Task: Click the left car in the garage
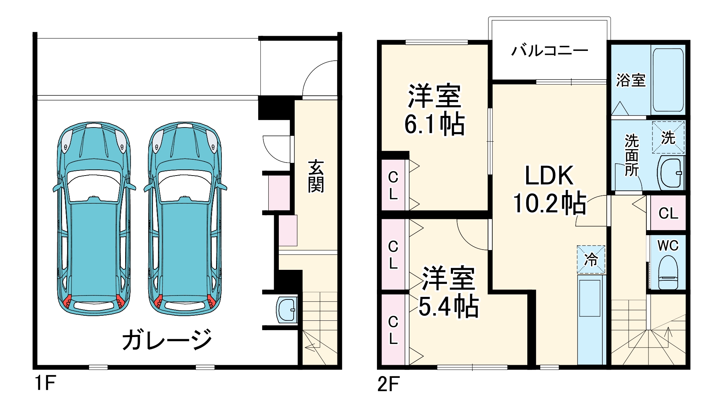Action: pyautogui.click(x=94, y=219)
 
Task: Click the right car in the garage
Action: pyautogui.click(x=185, y=219)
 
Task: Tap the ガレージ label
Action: pyautogui.click(x=167, y=340)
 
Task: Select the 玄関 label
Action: pyautogui.click(x=316, y=176)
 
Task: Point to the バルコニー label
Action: pyautogui.click(x=549, y=51)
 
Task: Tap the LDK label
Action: pyautogui.click(x=549, y=176)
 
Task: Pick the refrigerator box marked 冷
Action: pyautogui.click(x=591, y=259)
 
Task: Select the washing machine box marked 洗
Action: pyautogui.click(x=668, y=138)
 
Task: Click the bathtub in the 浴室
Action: pyautogui.click(x=668, y=79)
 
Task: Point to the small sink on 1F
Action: pyautogui.click(x=287, y=310)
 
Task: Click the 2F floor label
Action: pyautogui.click(x=388, y=384)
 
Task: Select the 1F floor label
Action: pyautogui.click(x=45, y=383)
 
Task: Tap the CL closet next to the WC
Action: pyautogui.click(x=668, y=213)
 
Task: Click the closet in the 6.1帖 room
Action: pyautogui.click(x=394, y=185)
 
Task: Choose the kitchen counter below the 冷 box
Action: pyautogui.click(x=591, y=320)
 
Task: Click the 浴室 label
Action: pyautogui.click(x=630, y=80)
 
